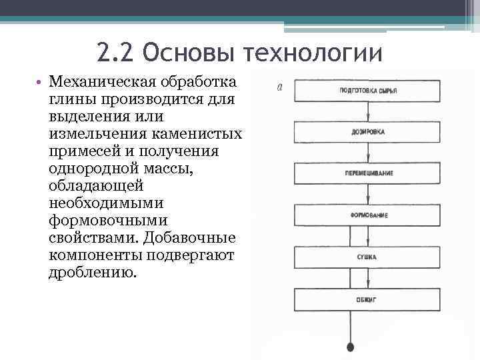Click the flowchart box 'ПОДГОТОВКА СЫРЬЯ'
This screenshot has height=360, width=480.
tap(367, 90)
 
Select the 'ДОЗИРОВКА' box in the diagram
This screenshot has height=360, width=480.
tap(367, 132)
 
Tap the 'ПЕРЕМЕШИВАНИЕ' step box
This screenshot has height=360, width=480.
tap(367, 173)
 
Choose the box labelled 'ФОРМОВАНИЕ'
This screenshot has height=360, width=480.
tap(367, 215)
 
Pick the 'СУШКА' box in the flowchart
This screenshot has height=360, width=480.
tap(367, 257)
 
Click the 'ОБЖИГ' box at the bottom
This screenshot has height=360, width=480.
tap(367, 299)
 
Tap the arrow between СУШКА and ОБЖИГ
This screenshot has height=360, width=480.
tap(367, 278)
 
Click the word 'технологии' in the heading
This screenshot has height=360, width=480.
tap(313, 53)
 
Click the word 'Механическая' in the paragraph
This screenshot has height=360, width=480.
tap(100, 82)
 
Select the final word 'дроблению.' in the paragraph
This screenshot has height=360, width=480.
tap(91, 273)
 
